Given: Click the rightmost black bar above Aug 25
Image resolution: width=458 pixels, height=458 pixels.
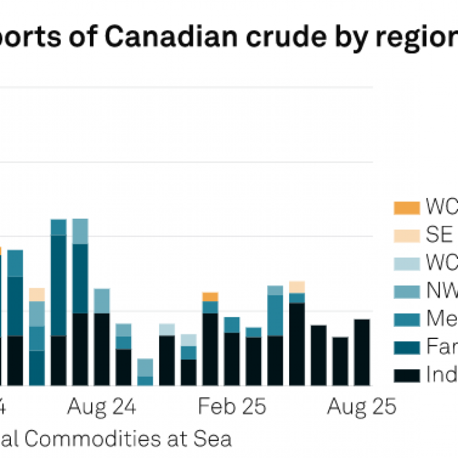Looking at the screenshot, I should point(362,352).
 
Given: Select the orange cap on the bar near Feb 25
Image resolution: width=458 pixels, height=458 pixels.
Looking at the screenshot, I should point(210,297).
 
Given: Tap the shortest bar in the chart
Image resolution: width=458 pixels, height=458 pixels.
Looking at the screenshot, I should point(145,372).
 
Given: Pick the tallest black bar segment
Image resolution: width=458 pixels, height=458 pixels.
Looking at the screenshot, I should point(297,344).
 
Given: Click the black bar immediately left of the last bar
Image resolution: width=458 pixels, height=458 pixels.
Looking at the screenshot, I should point(340,361).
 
